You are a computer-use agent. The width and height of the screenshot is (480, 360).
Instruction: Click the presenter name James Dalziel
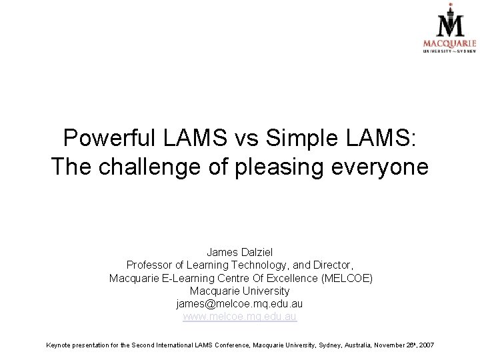click(x=240, y=252)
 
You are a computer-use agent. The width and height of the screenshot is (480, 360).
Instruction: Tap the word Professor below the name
click(x=151, y=265)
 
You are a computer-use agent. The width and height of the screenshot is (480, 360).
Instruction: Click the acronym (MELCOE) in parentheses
click(x=347, y=278)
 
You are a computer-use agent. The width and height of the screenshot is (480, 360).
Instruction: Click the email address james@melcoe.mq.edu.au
click(x=240, y=304)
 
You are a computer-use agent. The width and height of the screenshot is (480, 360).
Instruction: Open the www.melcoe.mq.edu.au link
click(x=240, y=317)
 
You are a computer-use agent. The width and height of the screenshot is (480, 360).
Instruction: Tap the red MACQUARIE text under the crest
click(x=449, y=43)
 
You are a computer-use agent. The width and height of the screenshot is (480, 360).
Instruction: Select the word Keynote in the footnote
click(x=60, y=345)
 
